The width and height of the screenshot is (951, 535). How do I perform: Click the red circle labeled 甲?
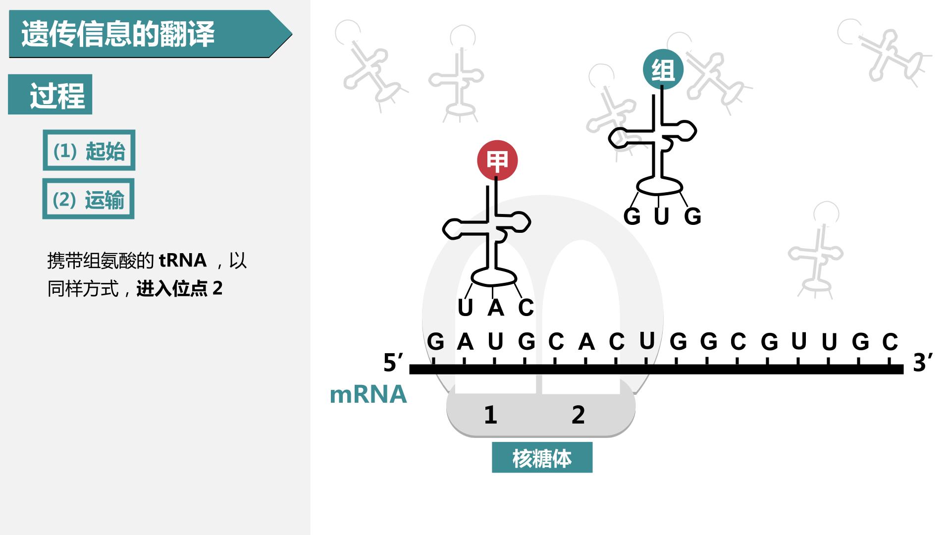(x=497, y=161)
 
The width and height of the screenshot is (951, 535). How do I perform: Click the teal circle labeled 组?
(x=663, y=70)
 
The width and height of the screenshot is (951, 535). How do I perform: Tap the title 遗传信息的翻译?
(x=118, y=34)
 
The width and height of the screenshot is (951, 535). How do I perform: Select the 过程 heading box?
(x=50, y=95)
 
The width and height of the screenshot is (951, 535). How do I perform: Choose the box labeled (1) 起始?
(x=89, y=151)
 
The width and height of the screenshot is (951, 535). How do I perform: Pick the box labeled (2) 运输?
(x=89, y=199)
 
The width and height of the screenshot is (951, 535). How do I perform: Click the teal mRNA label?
(x=368, y=395)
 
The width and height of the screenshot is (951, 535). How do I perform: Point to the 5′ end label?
(x=394, y=363)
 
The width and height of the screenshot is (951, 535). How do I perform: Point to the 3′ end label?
(x=923, y=363)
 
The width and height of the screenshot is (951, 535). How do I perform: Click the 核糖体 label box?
(x=542, y=458)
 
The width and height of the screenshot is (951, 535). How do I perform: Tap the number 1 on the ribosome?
(x=490, y=415)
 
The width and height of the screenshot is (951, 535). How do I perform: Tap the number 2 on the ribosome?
(x=578, y=415)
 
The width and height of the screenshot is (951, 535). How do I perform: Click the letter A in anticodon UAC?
(x=496, y=308)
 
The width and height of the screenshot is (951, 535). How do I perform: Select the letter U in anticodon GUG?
(x=662, y=216)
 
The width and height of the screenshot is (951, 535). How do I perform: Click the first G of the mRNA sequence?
(x=435, y=341)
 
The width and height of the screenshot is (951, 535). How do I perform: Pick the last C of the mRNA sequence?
(x=890, y=341)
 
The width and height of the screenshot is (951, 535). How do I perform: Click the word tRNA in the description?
(x=183, y=260)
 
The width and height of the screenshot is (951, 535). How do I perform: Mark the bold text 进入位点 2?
(x=179, y=288)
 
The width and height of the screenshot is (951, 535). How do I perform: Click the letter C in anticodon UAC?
(x=526, y=308)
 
